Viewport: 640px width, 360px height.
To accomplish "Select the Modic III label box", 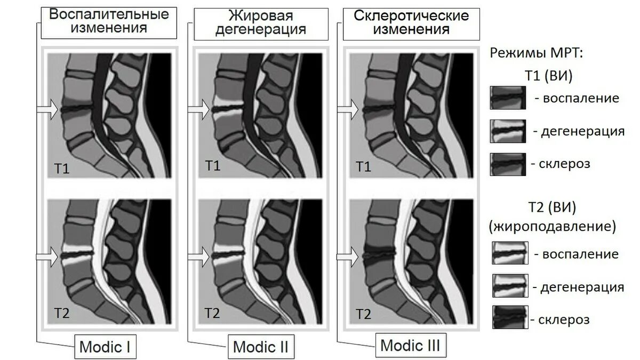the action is (410, 346).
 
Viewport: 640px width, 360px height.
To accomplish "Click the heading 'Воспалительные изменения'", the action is (109, 21).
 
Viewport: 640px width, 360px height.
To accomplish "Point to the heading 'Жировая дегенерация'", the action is (260, 22).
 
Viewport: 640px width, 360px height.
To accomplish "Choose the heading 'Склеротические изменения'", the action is (411, 22).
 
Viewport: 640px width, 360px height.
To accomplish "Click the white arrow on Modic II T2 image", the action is (198, 257).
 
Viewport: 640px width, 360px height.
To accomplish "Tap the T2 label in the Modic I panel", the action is (61, 313).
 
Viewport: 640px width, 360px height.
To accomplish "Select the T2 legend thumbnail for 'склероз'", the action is (510, 318).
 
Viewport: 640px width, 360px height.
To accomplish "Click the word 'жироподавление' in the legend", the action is (552, 226).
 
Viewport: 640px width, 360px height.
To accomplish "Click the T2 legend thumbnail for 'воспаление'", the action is (510, 253).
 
